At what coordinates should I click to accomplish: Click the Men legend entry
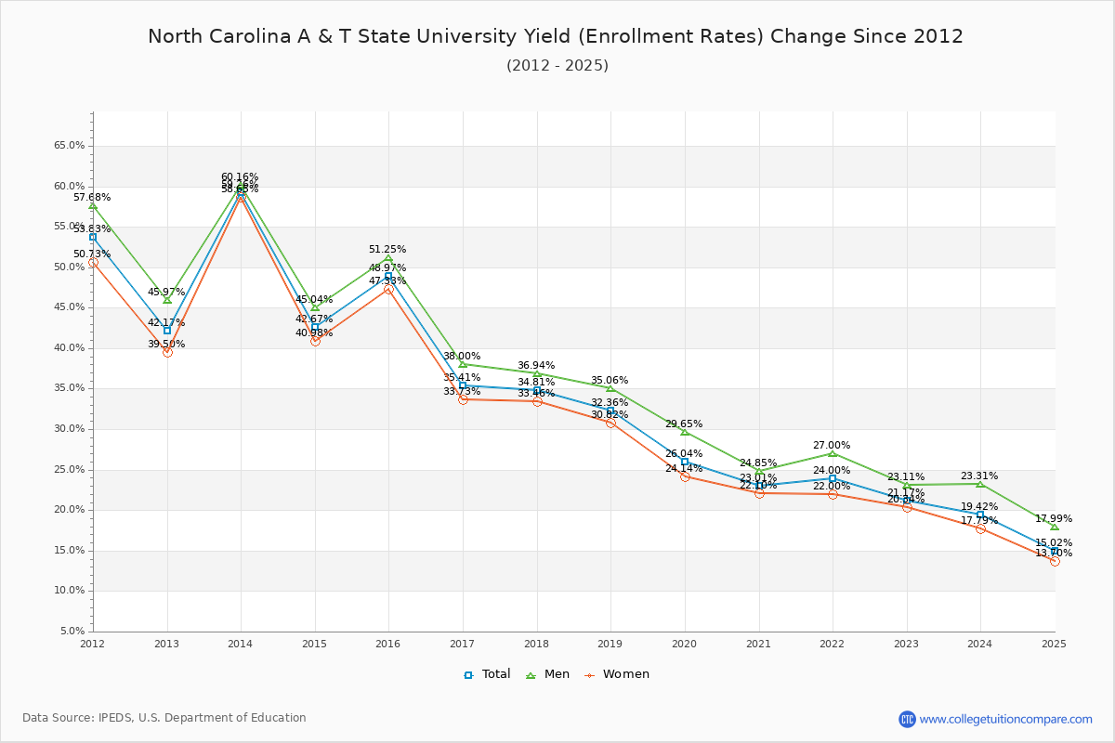[548, 674]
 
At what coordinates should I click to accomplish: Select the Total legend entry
[487, 674]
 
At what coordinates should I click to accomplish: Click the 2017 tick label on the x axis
[462, 643]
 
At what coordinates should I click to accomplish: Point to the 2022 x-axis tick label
[832, 643]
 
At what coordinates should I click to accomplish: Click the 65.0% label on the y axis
[69, 146]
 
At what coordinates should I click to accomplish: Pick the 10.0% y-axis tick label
[69, 591]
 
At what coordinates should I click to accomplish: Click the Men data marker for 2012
[93, 205]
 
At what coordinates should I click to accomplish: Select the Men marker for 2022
[833, 453]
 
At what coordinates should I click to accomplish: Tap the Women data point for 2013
[167, 352]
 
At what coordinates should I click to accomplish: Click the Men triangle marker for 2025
[1055, 527]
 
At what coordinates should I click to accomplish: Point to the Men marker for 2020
[685, 432]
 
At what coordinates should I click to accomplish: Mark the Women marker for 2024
[980, 528]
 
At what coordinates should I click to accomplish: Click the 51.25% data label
[387, 249]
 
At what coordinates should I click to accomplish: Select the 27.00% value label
[832, 445]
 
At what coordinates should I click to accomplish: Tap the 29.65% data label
[684, 424]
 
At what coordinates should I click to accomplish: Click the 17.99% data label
[1054, 518]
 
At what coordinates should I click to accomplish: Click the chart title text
[556, 36]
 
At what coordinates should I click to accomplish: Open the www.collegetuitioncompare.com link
[1005, 719]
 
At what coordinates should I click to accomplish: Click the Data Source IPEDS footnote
[164, 718]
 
